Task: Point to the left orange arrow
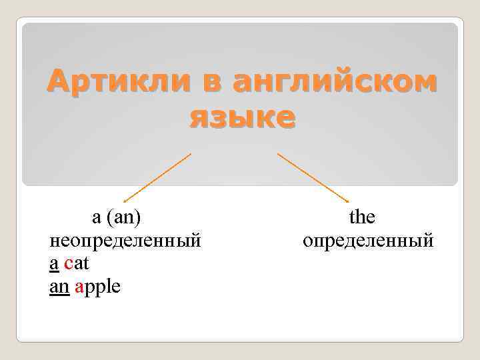click(157, 177)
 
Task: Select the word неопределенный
click(125, 240)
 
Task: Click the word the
click(362, 217)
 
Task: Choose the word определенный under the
click(368, 240)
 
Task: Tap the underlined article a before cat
click(54, 264)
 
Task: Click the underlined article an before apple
click(59, 287)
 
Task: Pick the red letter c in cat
click(68, 264)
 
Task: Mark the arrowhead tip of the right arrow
click(348, 201)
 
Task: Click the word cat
click(77, 264)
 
